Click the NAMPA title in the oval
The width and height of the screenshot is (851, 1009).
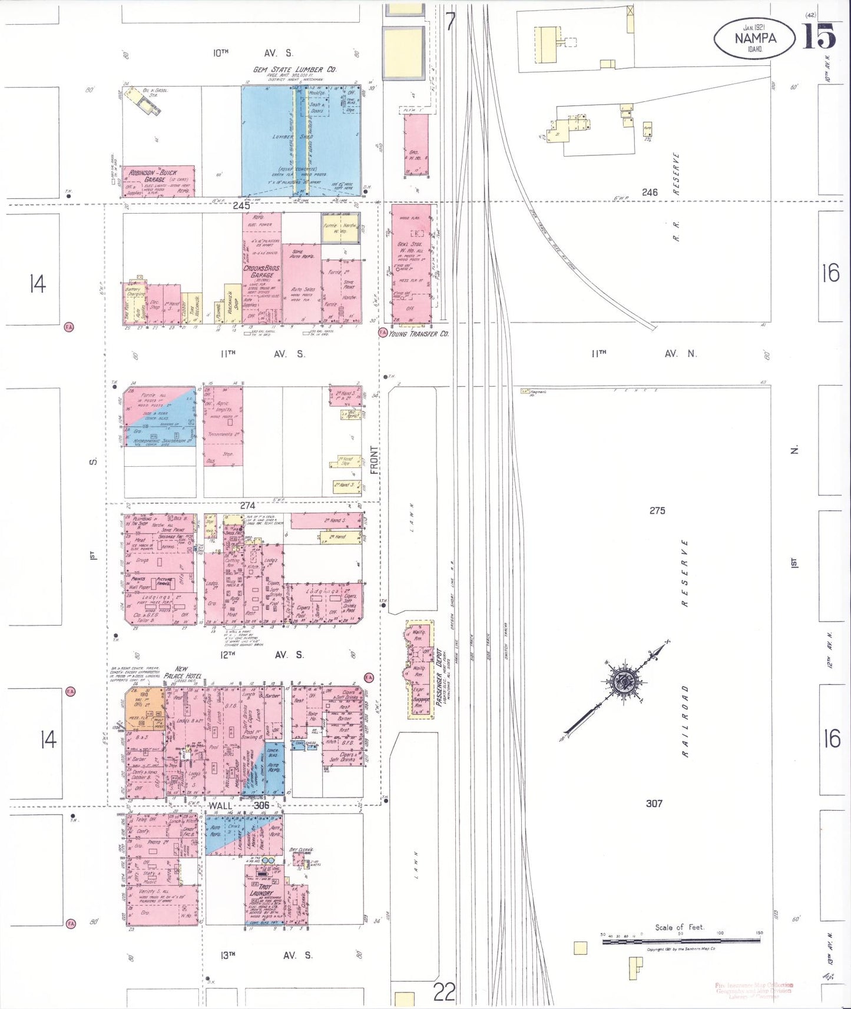tap(755, 38)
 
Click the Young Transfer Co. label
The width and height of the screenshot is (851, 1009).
tap(419, 334)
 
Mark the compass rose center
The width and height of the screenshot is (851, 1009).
tap(621, 683)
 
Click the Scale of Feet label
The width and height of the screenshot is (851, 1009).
tap(679, 927)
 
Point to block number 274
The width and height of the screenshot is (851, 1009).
tap(247, 506)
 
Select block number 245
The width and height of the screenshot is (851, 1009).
tap(241, 205)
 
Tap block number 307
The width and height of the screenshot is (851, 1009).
tap(654, 803)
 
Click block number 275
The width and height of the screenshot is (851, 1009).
tap(657, 510)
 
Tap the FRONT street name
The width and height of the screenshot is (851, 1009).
tap(375, 460)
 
